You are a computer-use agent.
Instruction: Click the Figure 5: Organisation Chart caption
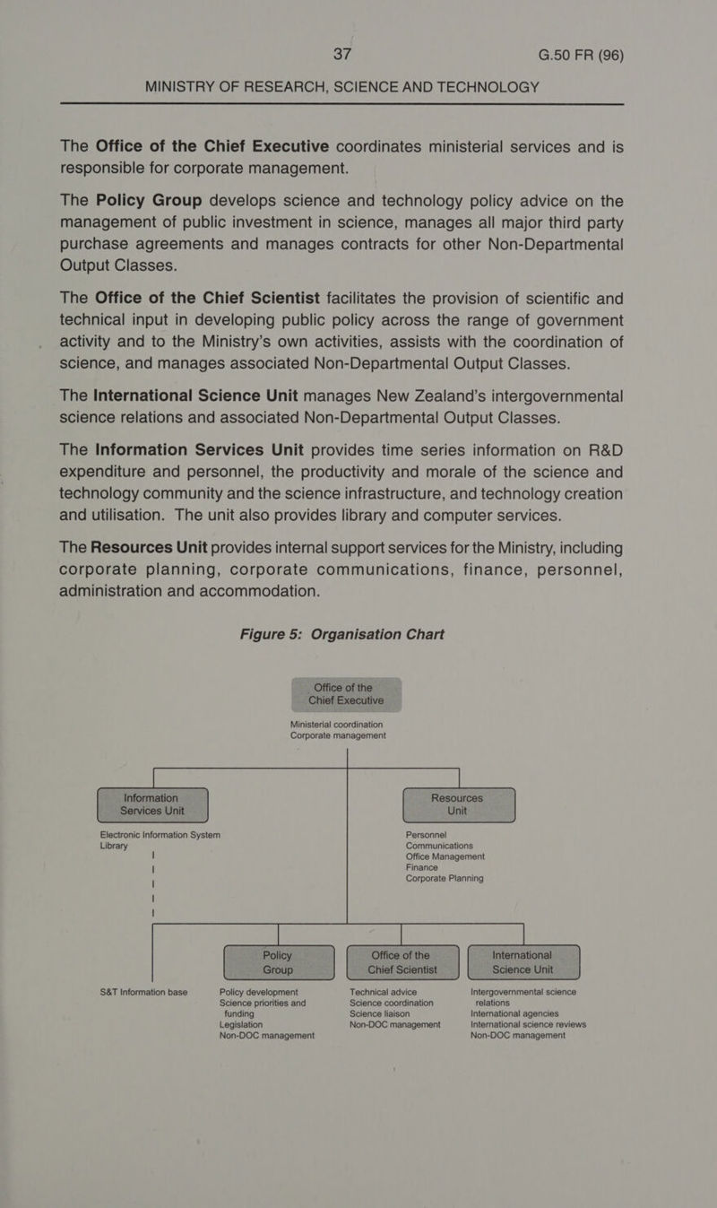(x=341, y=634)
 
